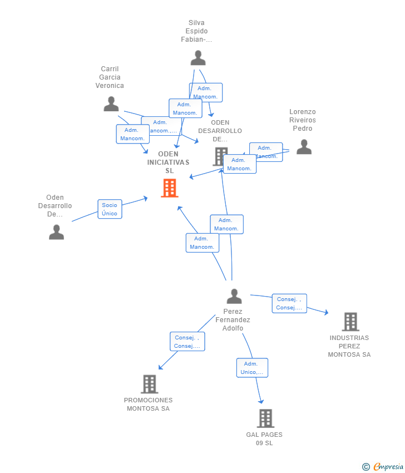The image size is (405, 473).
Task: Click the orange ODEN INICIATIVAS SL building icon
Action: click(x=169, y=188)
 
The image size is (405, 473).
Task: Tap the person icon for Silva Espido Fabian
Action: click(x=197, y=58)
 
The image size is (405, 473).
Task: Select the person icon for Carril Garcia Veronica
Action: click(x=111, y=104)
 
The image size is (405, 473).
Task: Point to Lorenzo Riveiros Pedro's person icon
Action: click(x=304, y=147)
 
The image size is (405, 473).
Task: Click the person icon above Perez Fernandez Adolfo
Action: click(x=234, y=297)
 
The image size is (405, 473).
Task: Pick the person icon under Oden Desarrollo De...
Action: click(x=56, y=232)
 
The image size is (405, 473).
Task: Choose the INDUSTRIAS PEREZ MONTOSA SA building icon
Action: click(x=350, y=322)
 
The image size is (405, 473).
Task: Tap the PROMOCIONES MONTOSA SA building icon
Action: click(x=149, y=384)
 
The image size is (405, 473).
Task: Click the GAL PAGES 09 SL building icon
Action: click(x=265, y=418)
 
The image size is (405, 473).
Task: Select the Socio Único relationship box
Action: click(x=110, y=209)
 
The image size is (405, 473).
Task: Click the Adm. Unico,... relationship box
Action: click(x=252, y=368)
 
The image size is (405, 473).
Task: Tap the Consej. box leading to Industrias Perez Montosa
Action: click(x=289, y=303)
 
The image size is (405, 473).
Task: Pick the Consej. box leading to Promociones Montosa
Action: click(x=187, y=342)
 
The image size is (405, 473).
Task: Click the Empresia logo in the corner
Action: click(x=383, y=466)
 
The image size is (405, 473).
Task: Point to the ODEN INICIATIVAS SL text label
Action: click(x=169, y=162)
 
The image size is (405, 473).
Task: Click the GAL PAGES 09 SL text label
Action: click(x=264, y=438)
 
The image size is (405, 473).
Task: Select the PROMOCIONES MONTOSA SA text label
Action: click(x=148, y=404)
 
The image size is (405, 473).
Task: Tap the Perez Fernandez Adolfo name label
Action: click(x=233, y=320)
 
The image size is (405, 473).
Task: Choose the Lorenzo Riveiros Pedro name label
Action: click(x=302, y=120)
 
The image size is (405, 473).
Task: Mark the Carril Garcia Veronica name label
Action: click(x=110, y=77)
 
